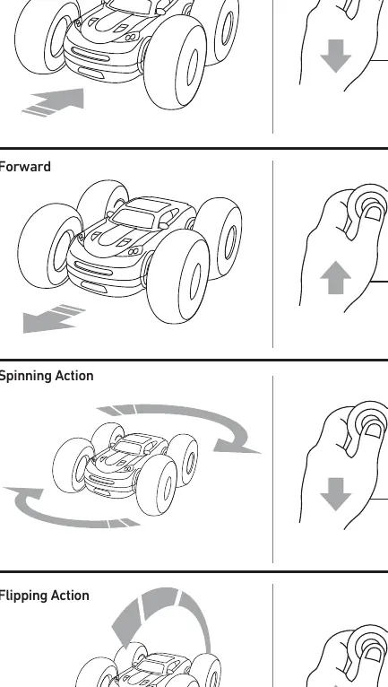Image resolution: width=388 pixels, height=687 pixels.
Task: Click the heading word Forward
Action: coord(25,167)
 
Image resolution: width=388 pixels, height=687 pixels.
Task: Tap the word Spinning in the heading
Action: coord(22,377)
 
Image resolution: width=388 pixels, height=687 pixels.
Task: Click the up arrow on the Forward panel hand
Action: coord(335,277)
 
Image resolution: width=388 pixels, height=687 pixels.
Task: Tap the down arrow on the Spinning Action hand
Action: coord(335,494)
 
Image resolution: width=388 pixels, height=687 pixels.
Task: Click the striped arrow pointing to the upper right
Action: coord(55,102)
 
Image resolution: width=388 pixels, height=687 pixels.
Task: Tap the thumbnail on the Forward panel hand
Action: coord(373,213)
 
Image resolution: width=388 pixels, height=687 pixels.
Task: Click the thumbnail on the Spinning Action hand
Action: coord(373,430)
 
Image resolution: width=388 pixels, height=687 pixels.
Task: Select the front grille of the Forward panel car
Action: coord(93,268)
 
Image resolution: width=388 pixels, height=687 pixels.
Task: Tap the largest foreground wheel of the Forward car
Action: coord(177,276)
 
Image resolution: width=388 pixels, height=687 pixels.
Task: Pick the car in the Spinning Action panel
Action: coord(125,468)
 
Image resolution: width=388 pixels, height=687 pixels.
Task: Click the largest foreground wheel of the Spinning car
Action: coord(157,485)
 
